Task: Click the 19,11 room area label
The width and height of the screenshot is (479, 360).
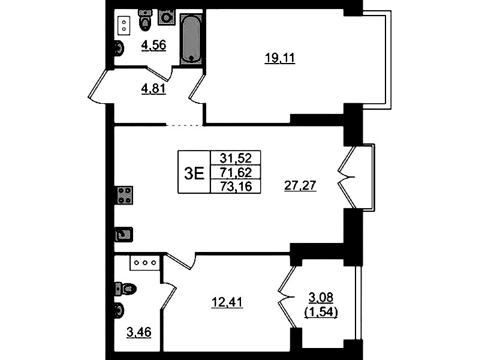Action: pos(279,58)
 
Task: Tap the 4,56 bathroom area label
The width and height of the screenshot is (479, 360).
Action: pos(153,45)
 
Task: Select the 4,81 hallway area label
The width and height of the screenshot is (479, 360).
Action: pos(153,89)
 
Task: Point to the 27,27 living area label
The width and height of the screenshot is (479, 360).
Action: pos(300,185)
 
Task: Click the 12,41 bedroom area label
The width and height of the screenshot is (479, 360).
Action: pos(227,302)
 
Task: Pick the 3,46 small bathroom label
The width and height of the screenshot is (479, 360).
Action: pos(139,332)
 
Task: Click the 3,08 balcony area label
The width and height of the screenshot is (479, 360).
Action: pos(321,297)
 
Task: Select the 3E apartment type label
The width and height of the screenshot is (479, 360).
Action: pos(194,173)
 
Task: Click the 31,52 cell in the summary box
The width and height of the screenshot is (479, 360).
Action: pos(236,158)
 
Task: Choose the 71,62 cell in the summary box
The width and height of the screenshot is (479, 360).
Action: pos(236,172)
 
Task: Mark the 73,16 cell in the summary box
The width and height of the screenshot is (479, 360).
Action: pos(236,186)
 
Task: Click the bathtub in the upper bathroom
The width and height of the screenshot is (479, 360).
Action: pos(191,39)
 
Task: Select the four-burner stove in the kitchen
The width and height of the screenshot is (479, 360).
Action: pos(125,195)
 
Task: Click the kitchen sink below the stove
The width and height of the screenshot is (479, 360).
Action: pos(123,235)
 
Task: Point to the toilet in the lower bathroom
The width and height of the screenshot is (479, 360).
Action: pos(125,289)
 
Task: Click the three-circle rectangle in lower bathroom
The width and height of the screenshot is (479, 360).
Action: pos(145,263)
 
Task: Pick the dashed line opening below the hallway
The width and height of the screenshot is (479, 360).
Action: pos(185,125)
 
